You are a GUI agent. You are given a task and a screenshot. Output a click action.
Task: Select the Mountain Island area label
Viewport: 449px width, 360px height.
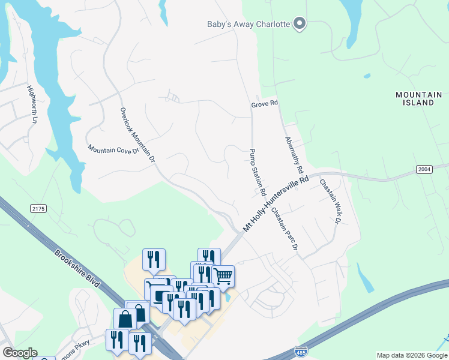419,98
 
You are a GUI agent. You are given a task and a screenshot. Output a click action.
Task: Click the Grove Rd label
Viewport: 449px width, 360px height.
265,104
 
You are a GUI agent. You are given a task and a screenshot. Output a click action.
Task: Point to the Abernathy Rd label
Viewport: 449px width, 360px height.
294,154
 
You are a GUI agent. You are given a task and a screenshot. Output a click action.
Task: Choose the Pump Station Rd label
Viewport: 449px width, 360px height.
258,172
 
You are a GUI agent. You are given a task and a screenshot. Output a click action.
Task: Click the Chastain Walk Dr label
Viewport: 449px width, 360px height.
330,202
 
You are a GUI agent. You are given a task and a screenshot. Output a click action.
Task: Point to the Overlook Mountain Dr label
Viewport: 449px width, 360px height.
137,136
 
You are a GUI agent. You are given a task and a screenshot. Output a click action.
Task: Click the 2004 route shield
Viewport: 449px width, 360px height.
424,170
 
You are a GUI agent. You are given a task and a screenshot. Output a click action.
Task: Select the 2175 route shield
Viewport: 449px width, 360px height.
38,208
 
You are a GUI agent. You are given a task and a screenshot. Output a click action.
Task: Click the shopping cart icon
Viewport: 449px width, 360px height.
223,276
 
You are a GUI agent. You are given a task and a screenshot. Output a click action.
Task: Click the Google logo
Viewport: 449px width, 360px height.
19,353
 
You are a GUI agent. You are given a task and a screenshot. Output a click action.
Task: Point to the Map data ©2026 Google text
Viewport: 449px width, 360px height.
412,355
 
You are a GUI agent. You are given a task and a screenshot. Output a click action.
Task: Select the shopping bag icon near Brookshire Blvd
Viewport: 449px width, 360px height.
124,318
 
